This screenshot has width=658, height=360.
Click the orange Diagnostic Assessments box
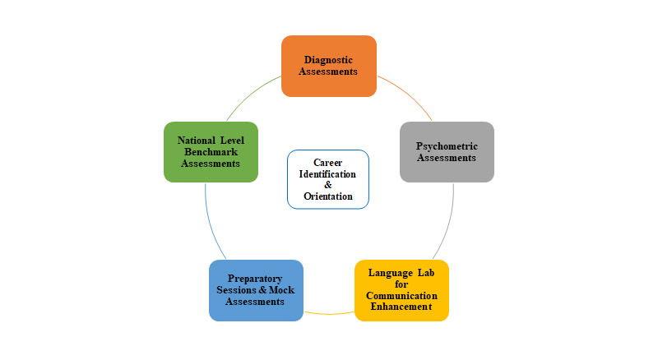328,66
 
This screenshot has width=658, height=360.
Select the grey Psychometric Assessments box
447,152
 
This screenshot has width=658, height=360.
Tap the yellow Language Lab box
401,290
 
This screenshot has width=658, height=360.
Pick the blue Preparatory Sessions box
256,290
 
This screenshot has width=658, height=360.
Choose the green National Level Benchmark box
211,152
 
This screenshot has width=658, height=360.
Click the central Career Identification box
328,179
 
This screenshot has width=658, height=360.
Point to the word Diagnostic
328,60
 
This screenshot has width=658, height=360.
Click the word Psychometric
447,146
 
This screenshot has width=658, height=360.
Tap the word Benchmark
211,152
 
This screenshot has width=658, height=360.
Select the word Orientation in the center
328,196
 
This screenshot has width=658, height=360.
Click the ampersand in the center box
328,185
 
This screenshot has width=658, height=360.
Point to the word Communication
401,296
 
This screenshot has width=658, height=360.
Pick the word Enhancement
401,307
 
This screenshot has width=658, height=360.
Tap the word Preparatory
255,279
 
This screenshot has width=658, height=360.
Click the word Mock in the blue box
281,290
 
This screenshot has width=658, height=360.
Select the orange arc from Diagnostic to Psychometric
407,94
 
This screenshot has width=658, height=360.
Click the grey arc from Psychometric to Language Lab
449,223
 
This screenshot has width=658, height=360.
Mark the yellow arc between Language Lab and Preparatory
329,314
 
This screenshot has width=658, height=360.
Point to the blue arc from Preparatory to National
210,223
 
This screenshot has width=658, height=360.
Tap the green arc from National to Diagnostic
251,94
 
